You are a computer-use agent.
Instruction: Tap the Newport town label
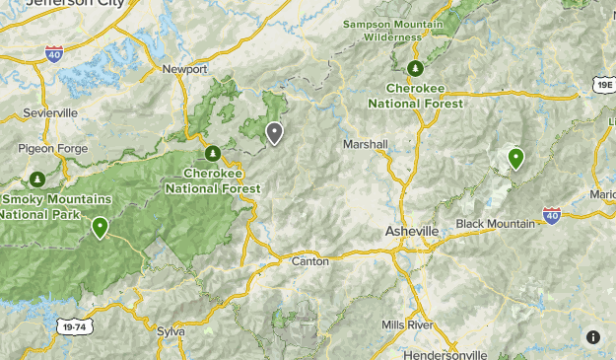pyautogui.click(x=185, y=69)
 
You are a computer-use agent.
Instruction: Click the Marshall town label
pyautogui.click(x=365, y=144)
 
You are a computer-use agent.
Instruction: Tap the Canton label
pyautogui.click(x=310, y=261)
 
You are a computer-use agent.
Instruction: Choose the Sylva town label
pyautogui.click(x=171, y=331)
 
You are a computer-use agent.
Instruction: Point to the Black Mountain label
pyautogui.click(x=495, y=223)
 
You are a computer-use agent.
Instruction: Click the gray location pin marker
pyautogui.click(x=274, y=132)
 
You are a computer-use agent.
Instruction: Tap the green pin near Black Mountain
pyautogui.click(x=514, y=157)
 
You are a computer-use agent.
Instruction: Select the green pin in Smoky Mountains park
pyautogui.click(x=100, y=227)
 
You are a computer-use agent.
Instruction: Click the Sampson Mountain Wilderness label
pyautogui.click(x=392, y=30)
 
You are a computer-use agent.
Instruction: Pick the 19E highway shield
pyautogui.click(x=604, y=86)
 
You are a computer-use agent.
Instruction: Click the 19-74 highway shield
pyautogui.click(x=72, y=325)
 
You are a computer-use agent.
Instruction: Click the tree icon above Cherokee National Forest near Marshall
pyautogui.click(x=416, y=68)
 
